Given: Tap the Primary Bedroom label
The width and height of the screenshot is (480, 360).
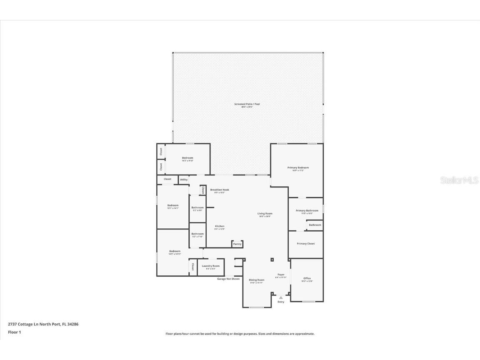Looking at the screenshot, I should (298, 168).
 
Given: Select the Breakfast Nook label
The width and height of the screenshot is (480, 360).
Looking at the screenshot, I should (219, 190).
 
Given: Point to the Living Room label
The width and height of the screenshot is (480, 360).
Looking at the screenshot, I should (265, 214).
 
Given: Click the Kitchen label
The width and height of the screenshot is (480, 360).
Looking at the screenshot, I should (220, 226).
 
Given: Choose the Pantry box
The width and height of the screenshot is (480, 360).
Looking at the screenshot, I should (237, 244).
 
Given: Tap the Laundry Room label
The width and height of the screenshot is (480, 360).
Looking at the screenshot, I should (210, 266).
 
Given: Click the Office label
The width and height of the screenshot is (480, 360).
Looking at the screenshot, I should (307, 278).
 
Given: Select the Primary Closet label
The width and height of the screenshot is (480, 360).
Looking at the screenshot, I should (306, 244).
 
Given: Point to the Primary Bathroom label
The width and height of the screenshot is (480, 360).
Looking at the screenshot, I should (307, 211).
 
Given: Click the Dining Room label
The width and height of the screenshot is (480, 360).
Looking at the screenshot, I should (257, 280).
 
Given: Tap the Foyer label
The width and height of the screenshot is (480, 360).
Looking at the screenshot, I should (281, 275).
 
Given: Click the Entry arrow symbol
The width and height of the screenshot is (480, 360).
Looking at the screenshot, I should (281, 297).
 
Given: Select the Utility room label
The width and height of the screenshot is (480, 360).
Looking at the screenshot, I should (184, 180).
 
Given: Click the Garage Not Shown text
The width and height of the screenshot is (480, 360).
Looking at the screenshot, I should (228, 279).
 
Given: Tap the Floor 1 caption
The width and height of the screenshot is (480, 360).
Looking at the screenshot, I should (14, 332).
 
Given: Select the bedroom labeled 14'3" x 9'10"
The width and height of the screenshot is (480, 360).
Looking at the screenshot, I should (187, 158).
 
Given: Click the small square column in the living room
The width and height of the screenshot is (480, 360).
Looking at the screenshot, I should (272, 260).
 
